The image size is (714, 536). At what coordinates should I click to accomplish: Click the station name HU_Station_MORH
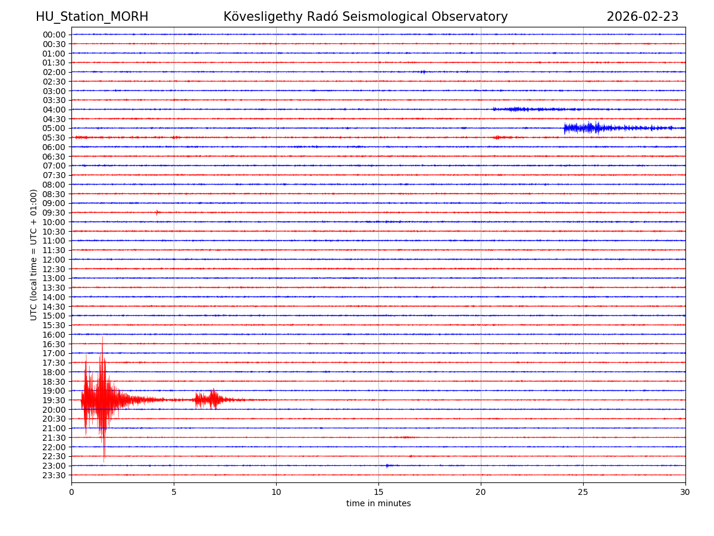(x=92, y=17)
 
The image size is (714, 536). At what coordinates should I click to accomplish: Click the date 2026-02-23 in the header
(x=642, y=17)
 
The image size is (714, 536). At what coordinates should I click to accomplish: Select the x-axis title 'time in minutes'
(x=378, y=503)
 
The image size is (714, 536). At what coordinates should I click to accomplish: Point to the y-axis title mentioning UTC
(x=34, y=254)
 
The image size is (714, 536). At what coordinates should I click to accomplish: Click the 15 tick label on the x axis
(x=378, y=492)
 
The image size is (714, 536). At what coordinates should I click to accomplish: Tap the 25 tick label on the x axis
(x=583, y=492)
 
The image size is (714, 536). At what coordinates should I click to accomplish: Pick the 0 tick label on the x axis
(x=71, y=492)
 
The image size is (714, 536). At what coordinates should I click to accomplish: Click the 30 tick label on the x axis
(x=685, y=492)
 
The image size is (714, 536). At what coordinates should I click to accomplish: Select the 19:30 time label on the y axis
(x=54, y=400)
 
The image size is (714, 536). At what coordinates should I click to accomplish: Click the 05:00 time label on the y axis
(x=54, y=128)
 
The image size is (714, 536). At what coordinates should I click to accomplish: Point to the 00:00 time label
(x=54, y=35)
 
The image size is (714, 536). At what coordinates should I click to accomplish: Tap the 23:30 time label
(x=54, y=475)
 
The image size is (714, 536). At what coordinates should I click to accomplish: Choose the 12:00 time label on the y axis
(x=54, y=260)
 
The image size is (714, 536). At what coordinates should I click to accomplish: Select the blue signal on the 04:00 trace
(x=518, y=109)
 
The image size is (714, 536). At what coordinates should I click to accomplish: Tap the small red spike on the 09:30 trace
(x=157, y=212)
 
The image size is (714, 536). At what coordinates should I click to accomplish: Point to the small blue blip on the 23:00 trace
(x=387, y=466)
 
